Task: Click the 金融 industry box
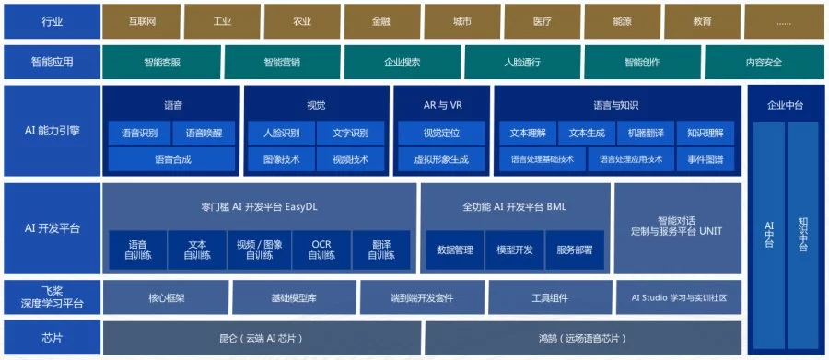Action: pyautogui.click(x=382, y=22)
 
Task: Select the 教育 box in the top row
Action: pyautogui.click(x=702, y=22)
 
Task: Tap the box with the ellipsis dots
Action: pyautogui.click(x=784, y=22)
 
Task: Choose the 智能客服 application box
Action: pyautogui.click(x=162, y=62)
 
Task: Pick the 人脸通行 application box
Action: pyautogui.click(x=522, y=62)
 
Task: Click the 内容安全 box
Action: pyautogui.click(x=765, y=62)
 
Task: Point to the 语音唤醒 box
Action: pyautogui.click(x=204, y=134)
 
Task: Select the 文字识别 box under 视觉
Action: pyautogui.click(x=351, y=134)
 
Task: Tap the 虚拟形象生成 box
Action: pyautogui.click(x=441, y=159)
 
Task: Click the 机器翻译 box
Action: pyautogui.click(x=646, y=134)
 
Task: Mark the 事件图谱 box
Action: pyautogui.click(x=706, y=159)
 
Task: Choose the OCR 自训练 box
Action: pyautogui.click(x=321, y=250)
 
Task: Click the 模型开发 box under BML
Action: pyautogui.click(x=515, y=250)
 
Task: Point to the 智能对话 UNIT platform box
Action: pyautogui.click(x=677, y=228)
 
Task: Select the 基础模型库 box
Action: pyautogui.click(x=295, y=297)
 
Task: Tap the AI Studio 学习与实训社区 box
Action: pyautogui.click(x=679, y=297)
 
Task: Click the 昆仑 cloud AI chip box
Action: pyautogui.click(x=262, y=338)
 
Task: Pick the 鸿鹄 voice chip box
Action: pyautogui.click(x=583, y=338)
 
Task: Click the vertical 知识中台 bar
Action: pyautogui.click(x=802, y=236)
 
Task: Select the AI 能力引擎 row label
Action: pyautogui.click(x=52, y=131)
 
